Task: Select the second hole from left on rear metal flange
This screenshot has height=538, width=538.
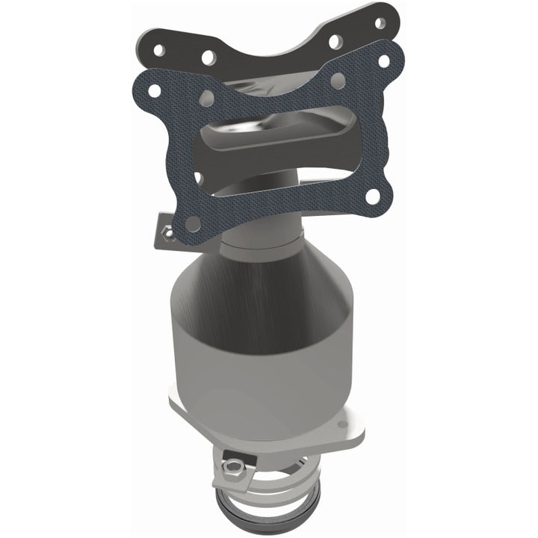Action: click(x=207, y=58)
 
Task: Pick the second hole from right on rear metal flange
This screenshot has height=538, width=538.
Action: click(x=336, y=40)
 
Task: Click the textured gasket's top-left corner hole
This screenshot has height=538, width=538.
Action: click(x=154, y=90)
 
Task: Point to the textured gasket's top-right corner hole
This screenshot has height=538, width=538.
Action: click(x=383, y=60)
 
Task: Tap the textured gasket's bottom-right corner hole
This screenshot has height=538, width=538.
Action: click(x=371, y=197)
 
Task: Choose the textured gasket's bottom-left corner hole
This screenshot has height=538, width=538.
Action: click(x=192, y=223)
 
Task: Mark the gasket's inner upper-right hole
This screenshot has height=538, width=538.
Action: click(x=338, y=81)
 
